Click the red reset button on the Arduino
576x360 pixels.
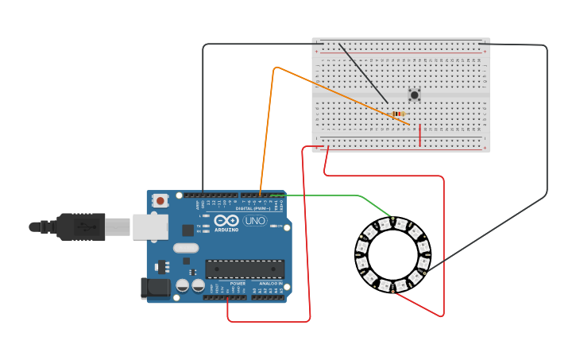point(160,201)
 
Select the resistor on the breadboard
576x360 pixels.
point(398,114)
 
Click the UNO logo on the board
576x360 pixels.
point(255,221)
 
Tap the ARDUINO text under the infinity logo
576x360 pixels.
point(226,230)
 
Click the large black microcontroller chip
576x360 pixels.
point(245,269)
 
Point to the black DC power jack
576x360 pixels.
point(154,288)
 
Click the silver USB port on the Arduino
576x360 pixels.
point(150,226)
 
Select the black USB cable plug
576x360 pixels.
point(79,227)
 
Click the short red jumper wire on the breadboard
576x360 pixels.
point(419,136)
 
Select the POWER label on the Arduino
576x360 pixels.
point(238,283)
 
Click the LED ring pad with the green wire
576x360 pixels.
point(392,218)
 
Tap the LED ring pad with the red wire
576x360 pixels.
point(392,292)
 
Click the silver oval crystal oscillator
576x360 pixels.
point(186,248)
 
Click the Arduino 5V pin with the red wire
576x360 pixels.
point(228,298)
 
